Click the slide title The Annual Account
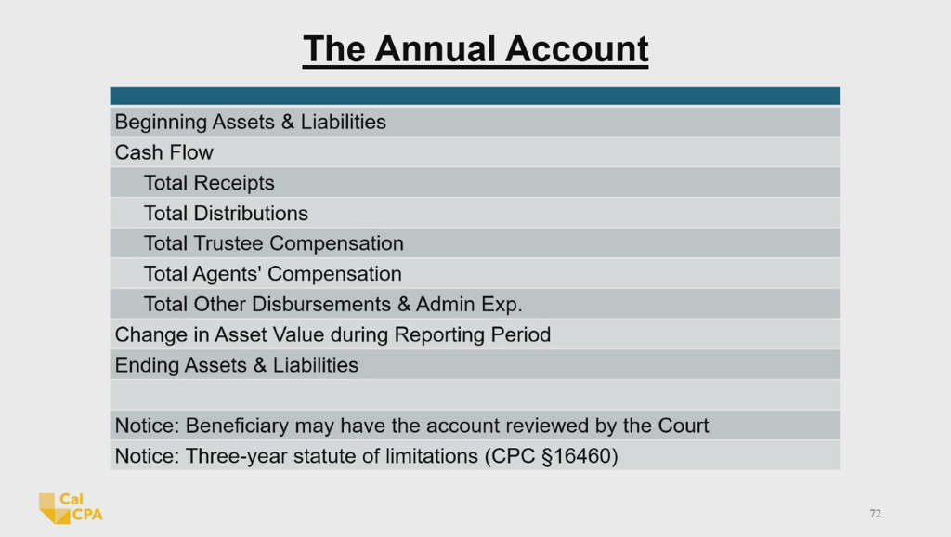point(475,49)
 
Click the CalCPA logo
point(71,508)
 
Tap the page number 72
point(875,514)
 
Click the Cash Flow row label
point(163,152)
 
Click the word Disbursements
point(322,304)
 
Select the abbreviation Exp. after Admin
point(502,304)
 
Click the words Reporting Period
point(473,334)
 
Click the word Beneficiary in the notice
point(237,426)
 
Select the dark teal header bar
point(475,96)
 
